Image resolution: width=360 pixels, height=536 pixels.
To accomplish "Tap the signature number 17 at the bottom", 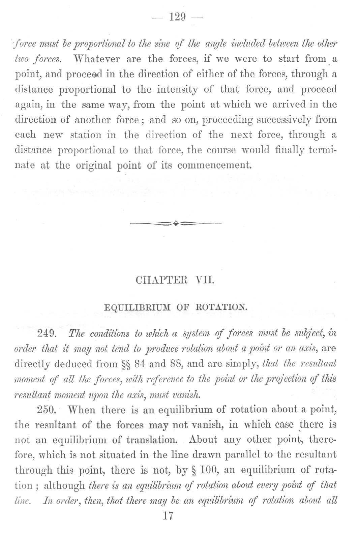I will point(168,517).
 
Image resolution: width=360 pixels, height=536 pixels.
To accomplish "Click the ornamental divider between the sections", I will point(175,223).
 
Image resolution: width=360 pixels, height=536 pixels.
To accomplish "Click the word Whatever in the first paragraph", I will point(96,59).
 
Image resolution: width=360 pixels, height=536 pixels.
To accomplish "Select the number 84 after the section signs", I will point(139,364).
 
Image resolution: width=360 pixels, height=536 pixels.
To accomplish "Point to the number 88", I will point(175,364).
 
